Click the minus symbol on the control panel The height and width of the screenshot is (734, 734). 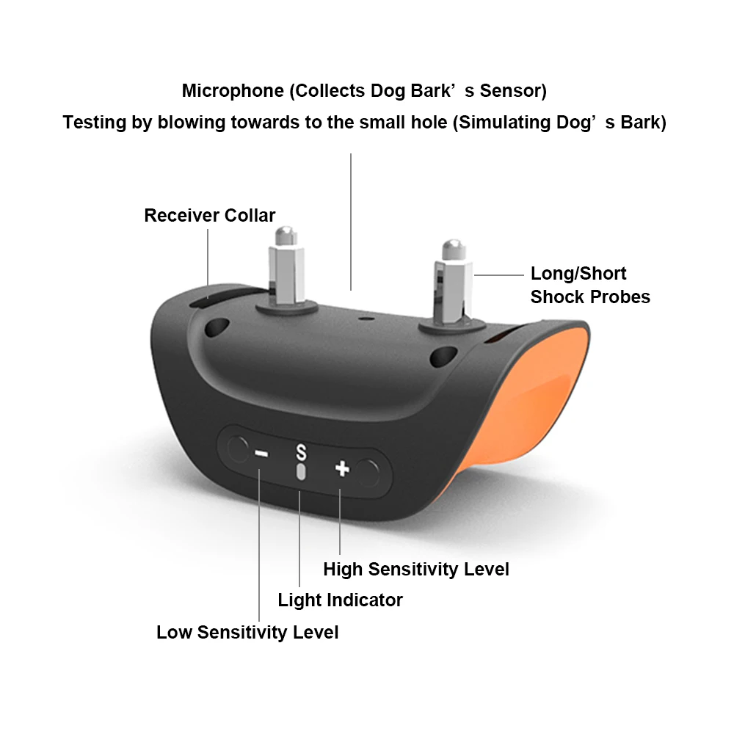(x=261, y=453)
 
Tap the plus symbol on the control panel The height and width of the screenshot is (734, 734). (x=341, y=468)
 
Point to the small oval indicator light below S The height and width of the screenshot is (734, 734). (x=299, y=471)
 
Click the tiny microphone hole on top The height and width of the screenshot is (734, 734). (x=362, y=319)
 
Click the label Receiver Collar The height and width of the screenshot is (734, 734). (x=209, y=216)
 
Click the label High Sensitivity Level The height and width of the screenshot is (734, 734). (x=415, y=569)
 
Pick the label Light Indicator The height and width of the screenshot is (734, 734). (x=340, y=600)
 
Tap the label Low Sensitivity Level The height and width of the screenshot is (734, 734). (x=247, y=632)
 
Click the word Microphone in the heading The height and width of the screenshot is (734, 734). (x=232, y=91)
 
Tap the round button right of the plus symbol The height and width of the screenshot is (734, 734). (x=369, y=473)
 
